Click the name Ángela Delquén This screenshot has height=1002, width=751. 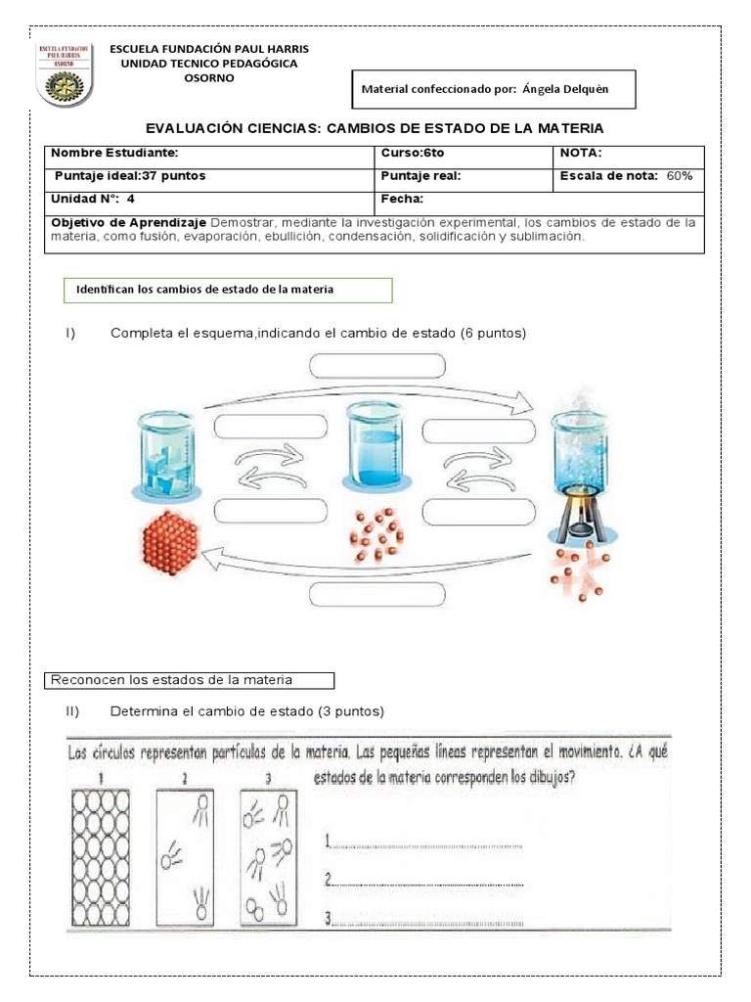point(565,88)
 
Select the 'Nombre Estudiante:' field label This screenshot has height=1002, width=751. point(114,153)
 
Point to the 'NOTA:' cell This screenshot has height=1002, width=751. point(581,153)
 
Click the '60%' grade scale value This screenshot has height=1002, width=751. point(680,176)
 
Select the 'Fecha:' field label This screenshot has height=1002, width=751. point(402,199)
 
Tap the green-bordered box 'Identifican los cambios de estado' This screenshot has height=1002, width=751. point(226,290)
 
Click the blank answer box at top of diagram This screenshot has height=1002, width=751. point(377,366)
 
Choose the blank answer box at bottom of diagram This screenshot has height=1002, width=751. point(377,594)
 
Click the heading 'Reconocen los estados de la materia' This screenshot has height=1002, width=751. point(191,679)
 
